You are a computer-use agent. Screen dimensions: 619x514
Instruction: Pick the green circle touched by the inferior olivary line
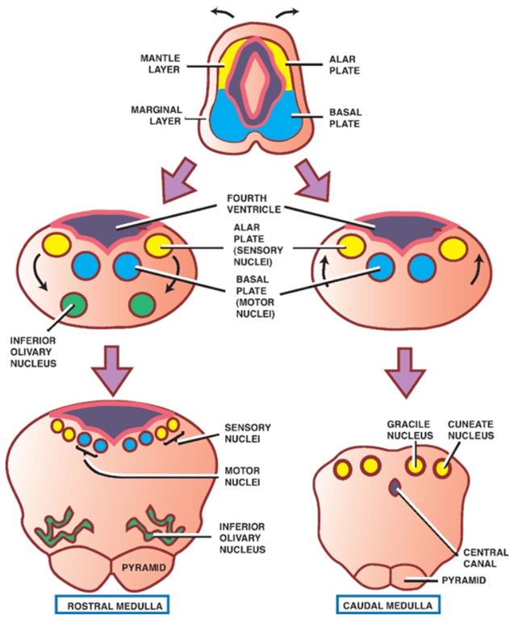coord(74,305)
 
